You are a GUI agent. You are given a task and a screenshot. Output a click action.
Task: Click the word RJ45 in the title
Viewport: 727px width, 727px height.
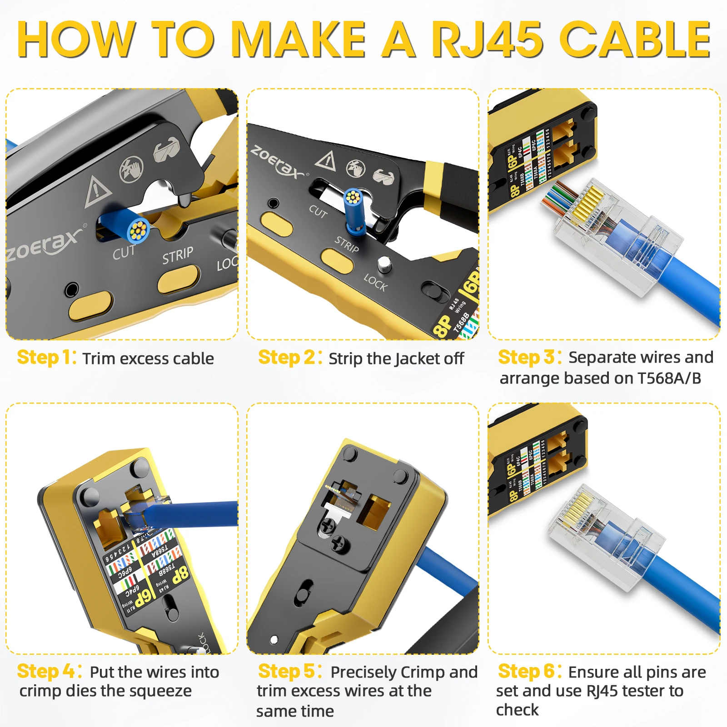(x=487, y=40)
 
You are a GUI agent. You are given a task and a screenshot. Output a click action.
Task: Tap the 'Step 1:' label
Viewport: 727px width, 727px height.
(x=46, y=358)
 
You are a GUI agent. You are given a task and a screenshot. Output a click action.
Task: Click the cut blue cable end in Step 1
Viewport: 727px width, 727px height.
(x=137, y=230)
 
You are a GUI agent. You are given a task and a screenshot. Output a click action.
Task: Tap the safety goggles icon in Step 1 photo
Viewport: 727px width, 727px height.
(x=166, y=149)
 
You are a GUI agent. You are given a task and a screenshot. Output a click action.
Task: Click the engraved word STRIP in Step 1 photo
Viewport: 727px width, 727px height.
(x=178, y=255)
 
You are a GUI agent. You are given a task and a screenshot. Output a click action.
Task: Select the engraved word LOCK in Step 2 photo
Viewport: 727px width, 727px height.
(x=375, y=283)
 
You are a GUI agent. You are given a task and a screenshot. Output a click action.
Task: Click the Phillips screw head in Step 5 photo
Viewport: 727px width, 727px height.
(x=339, y=542)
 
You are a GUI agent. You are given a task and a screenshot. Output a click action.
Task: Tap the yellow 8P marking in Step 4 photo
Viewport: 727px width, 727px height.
(x=180, y=574)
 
